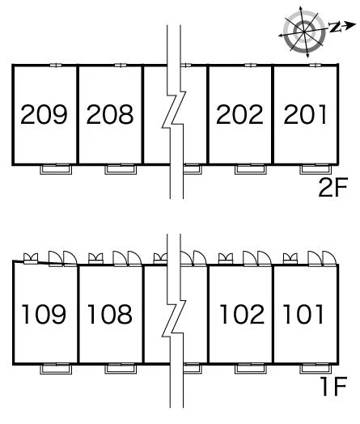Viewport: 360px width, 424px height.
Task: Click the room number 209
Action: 44,114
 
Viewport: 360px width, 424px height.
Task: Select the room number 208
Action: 110,114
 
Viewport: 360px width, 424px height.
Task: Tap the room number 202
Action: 239,114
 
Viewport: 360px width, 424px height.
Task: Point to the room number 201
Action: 305,114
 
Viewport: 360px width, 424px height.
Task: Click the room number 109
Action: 44,314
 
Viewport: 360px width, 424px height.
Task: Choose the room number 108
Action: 110,314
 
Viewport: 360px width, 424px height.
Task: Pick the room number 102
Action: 242,314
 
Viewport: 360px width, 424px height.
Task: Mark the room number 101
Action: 303,314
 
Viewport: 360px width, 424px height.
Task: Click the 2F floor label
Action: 332,188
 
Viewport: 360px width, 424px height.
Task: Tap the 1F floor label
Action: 334,387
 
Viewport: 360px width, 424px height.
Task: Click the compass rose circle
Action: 304,32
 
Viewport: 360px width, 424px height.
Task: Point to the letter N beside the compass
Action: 335,28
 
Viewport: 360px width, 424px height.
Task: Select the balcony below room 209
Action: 56,169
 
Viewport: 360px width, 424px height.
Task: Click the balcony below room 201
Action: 316,169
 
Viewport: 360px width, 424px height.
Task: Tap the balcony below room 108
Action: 121,369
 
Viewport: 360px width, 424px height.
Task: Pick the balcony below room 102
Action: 251,369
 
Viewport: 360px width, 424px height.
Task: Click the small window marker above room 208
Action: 121,66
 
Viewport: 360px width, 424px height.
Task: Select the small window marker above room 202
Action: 251,66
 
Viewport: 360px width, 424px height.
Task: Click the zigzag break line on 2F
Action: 174,109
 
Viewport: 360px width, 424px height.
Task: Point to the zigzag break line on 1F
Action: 174,319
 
